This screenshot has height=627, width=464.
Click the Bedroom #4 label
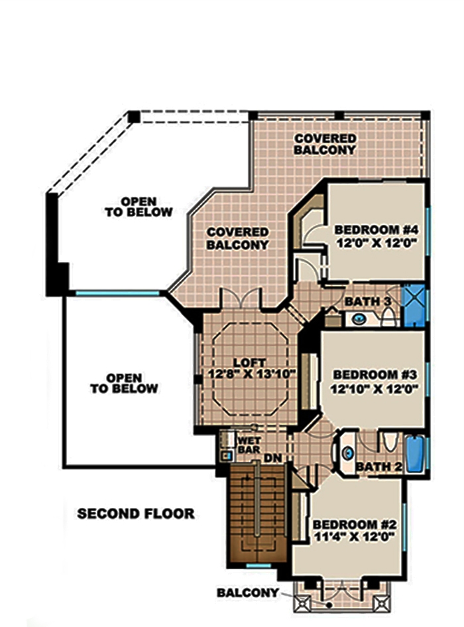[x=376, y=230]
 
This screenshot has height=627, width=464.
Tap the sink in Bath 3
[x=359, y=319]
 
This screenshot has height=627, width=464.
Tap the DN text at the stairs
[x=270, y=458]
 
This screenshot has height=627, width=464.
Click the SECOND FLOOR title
[x=136, y=514]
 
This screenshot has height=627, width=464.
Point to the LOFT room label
[x=250, y=363]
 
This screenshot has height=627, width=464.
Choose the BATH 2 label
[x=378, y=467]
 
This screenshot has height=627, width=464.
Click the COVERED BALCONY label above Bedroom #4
[x=325, y=144]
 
